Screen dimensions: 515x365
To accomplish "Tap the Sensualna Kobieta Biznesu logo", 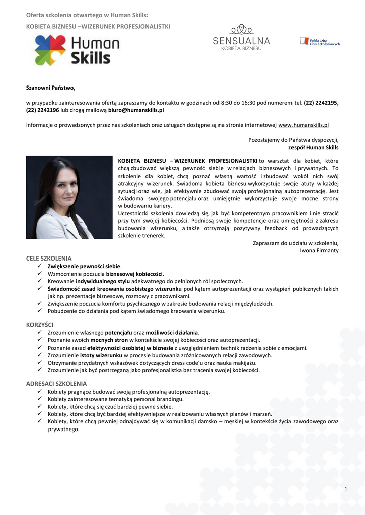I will [x=242, y=38].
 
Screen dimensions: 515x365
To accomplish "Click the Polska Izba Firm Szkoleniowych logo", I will [x=319, y=42].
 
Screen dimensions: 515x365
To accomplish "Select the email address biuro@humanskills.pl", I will [x=136, y=109].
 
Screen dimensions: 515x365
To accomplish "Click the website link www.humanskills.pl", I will [x=304, y=125].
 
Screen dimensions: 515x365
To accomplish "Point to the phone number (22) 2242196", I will [x=43, y=109].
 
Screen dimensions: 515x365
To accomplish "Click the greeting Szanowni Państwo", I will [x=50, y=88].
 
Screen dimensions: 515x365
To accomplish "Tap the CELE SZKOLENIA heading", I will [x=49, y=258].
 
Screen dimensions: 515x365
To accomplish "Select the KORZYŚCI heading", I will [x=40, y=325].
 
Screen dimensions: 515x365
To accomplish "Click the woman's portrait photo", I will [x=68, y=197].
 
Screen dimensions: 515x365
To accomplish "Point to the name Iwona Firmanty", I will [x=319, y=250].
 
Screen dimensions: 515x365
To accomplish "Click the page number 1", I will [x=346, y=489].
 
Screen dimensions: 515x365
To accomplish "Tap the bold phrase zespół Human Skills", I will [x=313, y=148].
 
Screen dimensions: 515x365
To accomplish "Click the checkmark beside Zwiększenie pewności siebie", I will [x=40, y=266].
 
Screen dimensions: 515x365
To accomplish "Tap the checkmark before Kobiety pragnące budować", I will [x=40, y=391].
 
